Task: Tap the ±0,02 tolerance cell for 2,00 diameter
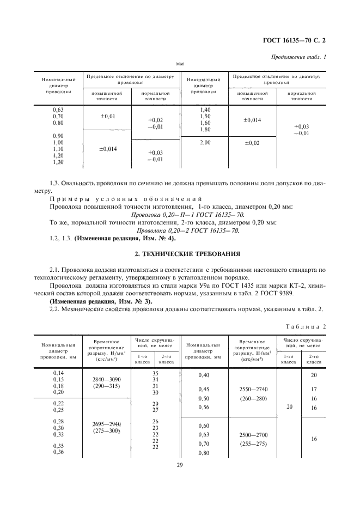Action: click(252, 143)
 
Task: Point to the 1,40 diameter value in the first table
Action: click(205, 110)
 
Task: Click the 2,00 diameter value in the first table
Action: click(205, 142)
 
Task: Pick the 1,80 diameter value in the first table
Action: click(205, 130)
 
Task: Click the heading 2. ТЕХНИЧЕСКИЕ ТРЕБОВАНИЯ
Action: click(180, 254)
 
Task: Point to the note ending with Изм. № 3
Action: click(101, 301)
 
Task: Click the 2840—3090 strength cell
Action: click(103, 379)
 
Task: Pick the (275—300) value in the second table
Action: click(103, 431)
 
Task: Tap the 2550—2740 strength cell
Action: click(253, 390)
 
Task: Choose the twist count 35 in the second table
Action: click(141, 373)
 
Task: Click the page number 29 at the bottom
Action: click(180, 465)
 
